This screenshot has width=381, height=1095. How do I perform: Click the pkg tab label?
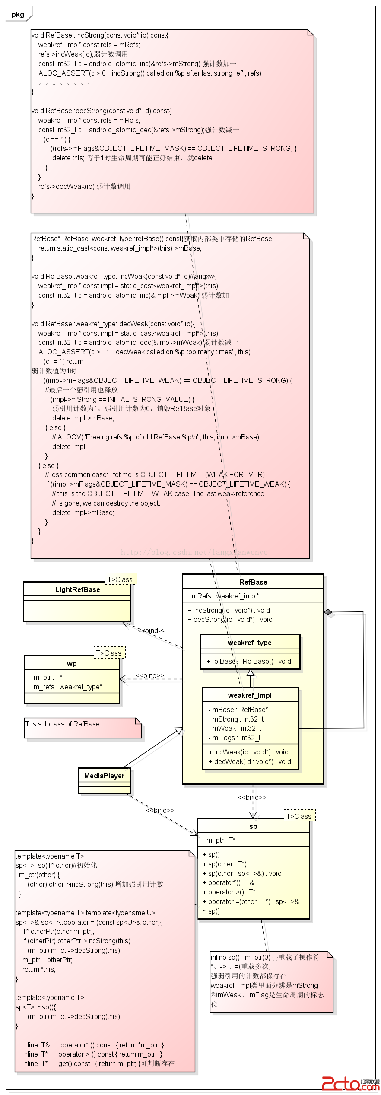coord(18,14)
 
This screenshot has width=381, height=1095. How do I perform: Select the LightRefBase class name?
coord(77,589)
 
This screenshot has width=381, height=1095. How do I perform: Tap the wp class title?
coord(72,663)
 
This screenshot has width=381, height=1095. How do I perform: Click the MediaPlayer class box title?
coord(104,776)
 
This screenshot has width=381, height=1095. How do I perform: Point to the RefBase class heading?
coord(253,582)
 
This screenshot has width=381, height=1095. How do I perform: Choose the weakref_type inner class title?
coord(250,643)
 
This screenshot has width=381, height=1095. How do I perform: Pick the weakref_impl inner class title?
coord(250,695)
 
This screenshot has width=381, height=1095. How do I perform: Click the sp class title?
coord(253,826)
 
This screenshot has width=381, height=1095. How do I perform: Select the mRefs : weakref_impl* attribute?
coord(223,596)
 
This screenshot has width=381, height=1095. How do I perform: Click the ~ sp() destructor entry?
coord(211,911)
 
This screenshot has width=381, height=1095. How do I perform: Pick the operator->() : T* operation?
coord(229,892)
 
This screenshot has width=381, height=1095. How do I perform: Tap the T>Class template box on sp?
coord(299,816)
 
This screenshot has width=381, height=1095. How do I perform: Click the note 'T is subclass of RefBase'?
coord(63,724)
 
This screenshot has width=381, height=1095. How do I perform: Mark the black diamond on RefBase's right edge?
coord(328,612)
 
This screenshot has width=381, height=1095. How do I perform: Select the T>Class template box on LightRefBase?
coord(120,579)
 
